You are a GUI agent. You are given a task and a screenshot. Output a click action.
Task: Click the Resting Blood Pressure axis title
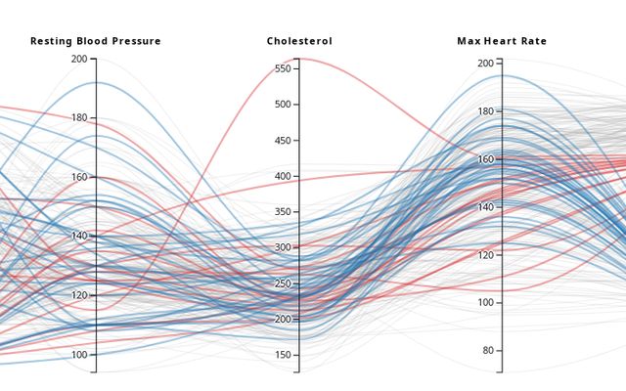(96, 41)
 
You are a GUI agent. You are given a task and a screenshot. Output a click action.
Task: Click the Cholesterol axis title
(299, 41)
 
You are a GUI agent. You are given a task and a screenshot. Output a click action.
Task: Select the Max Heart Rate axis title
(502, 41)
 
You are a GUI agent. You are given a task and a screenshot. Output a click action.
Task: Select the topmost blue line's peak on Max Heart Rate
(502, 75)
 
